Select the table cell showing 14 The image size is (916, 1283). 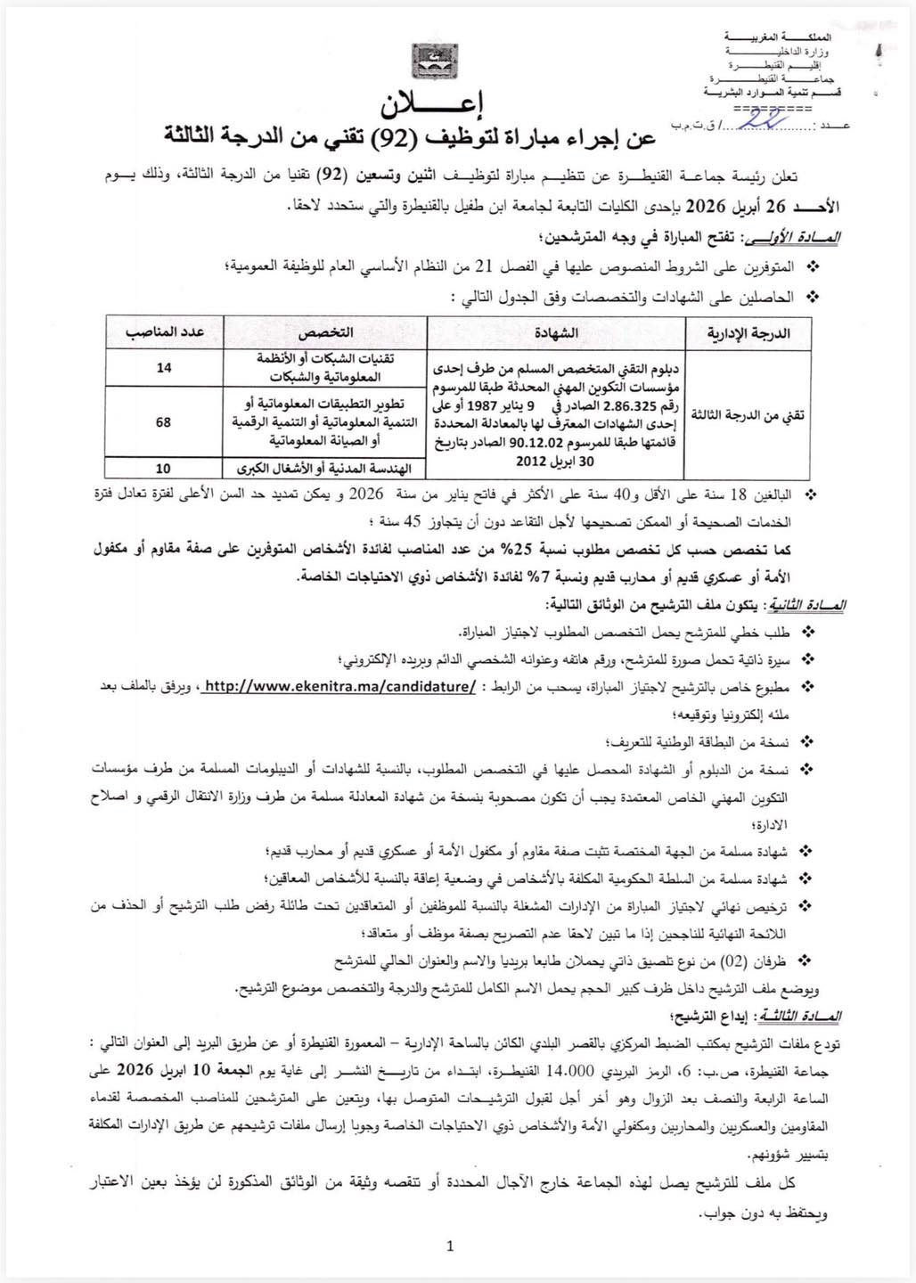coord(164,368)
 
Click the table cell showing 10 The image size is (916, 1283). coord(164,467)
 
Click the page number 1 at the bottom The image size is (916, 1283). coord(451,1246)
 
